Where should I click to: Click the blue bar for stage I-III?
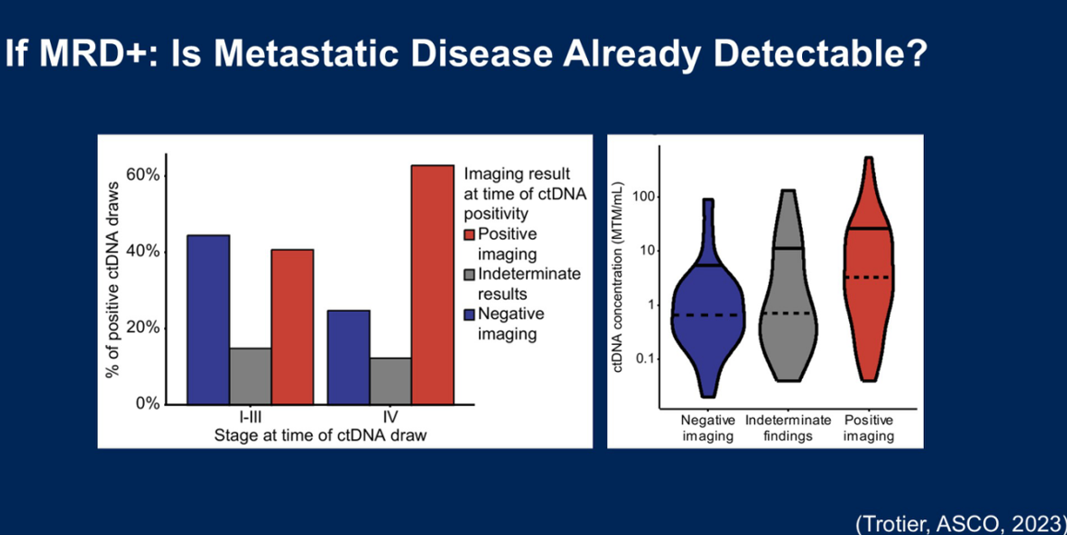tap(209, 319)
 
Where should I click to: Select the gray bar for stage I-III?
tap(250, 375)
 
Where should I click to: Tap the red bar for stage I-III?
tap(292, 327)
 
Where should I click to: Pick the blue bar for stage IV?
tap(349, 357)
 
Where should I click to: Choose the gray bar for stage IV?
tap(390, 381)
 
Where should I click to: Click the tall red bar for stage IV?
tap(432, 284)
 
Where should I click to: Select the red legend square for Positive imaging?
tap(470, 234)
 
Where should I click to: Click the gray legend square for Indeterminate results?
tap(470, 274)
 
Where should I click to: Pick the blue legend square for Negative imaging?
tap(470, 314)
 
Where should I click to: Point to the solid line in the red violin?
tap(869, 228)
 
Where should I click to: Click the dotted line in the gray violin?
tap(787, 314)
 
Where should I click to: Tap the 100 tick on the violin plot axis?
tap(641, 196)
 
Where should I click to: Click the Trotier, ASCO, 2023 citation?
tap(961, 523)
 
